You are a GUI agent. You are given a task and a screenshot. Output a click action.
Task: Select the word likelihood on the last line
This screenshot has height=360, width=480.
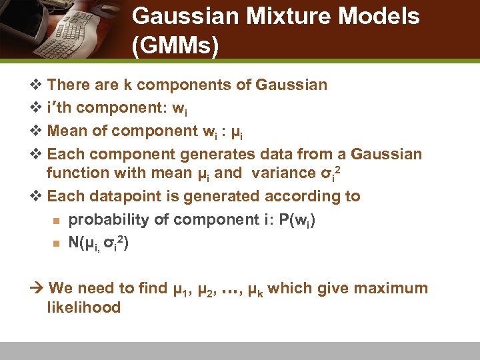click(83, 307)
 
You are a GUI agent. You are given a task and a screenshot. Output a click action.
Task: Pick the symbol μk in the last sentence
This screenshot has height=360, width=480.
click(255, 290)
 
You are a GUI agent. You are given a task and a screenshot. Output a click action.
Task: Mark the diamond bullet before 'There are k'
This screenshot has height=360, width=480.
click(37, 85)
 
